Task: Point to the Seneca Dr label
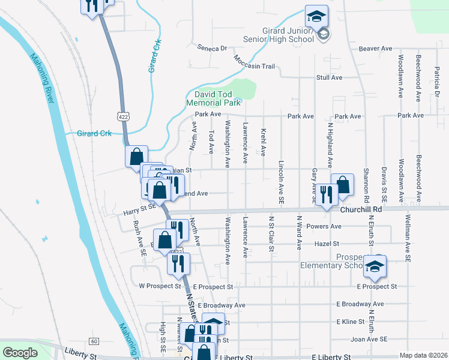212,48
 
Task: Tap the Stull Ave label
329,78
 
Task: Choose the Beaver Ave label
375,49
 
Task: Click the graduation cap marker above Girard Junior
316,16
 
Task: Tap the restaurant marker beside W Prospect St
178,263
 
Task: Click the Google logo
20,353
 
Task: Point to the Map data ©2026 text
423,355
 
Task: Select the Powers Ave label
324,227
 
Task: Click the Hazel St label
328,244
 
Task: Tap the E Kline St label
351,322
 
